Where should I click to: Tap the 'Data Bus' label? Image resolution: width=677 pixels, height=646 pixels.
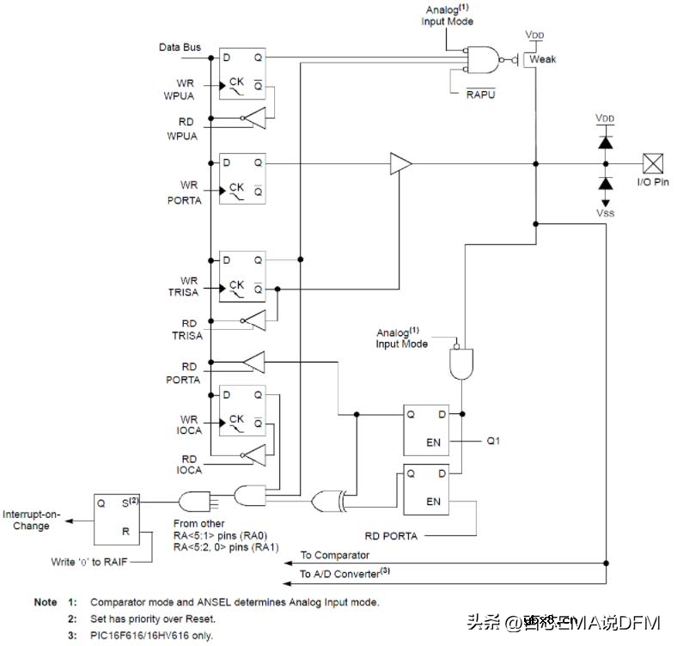pos(180,47)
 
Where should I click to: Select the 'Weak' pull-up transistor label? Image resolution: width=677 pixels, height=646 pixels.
pos(543,59)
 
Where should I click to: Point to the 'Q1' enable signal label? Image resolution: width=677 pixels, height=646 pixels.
pos(494,442)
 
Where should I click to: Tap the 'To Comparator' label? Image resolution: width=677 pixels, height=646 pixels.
pos(334,556)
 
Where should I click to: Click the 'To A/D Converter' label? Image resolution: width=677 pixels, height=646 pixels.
pos(339,573)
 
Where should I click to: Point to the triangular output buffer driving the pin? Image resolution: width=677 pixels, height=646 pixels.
pos(399,163)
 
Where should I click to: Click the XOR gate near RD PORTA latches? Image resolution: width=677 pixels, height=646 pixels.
pos(327,500)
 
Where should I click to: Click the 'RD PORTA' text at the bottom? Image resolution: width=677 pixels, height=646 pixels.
pos(390,536)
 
